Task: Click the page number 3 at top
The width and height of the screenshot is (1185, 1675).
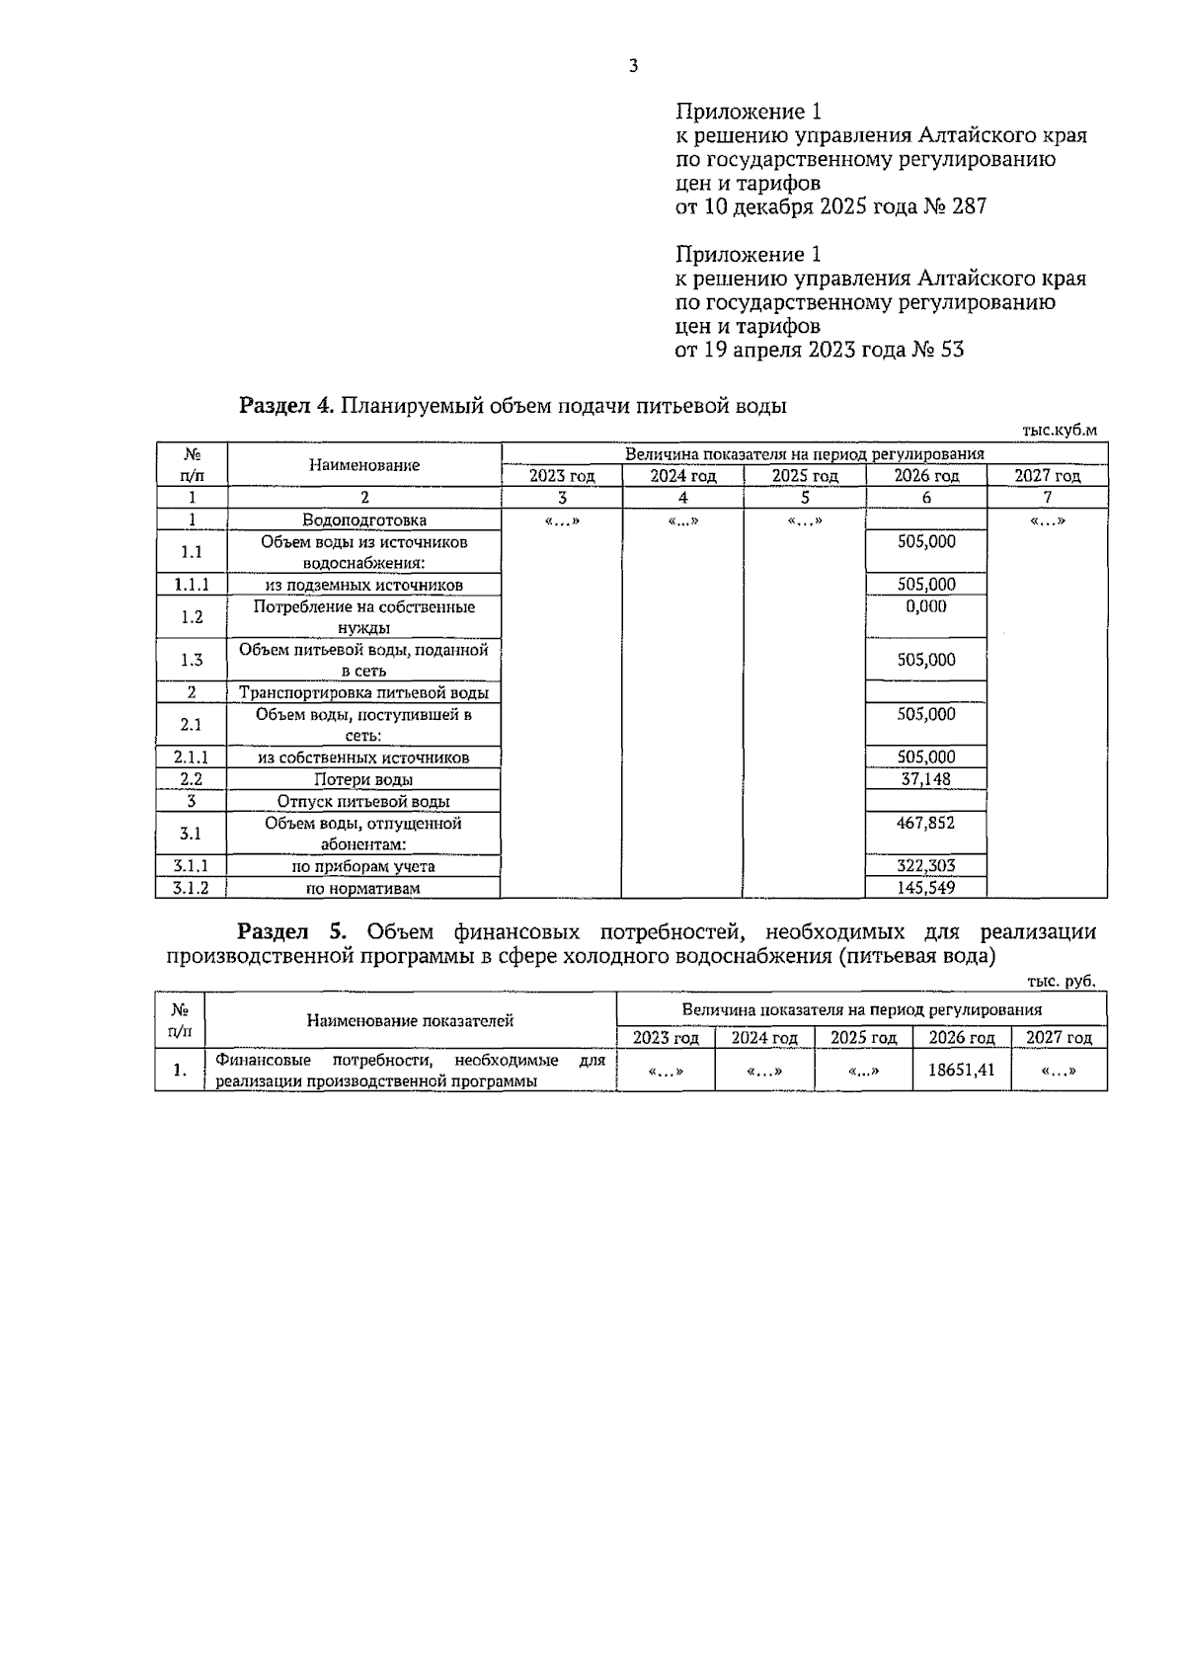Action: click(x=633, y=66)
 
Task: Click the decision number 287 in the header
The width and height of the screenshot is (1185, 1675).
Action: click(x=969, y=206)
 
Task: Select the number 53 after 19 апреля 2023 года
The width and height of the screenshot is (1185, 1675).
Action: click(x=952, y=350)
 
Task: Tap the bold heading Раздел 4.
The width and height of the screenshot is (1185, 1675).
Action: click(x=287, y=406)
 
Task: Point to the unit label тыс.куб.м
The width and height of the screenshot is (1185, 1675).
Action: click(x=1059, y=430)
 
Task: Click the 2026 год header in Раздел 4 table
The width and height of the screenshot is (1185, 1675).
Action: click(x=925, y=476)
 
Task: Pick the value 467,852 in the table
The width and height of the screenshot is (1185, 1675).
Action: click(x=925, y=823)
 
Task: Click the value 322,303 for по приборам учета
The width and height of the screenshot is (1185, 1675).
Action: click(x=925, y=866)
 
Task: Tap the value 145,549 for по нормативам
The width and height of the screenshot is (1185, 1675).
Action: click(x=925, y=888)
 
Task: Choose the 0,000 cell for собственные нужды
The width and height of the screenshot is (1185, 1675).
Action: click(x=925, y=606)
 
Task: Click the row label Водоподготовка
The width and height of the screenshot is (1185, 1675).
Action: click(x=364, y=519)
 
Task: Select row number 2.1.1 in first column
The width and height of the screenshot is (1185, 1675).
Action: click(x=192, y=758)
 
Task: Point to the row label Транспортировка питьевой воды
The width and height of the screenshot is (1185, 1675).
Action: click(x=364, y=692)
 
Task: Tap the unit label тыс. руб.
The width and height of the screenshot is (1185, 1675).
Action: click(x=1061, y=982)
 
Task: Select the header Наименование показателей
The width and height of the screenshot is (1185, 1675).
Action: click(x=410, y=1020)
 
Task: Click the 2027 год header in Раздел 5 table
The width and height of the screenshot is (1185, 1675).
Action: click(x=1059, y=1038)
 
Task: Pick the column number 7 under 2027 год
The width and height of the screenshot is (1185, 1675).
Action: click(x=1047, y=498)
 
